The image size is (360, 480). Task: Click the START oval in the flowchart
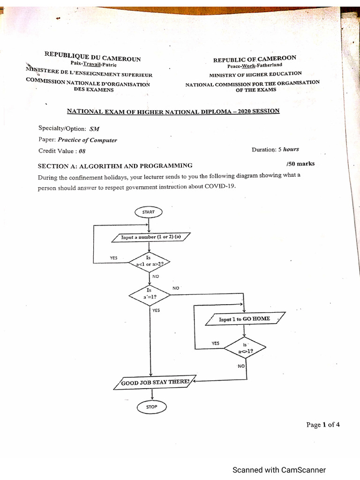coord(148,212)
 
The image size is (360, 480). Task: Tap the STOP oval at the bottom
coord(151,407)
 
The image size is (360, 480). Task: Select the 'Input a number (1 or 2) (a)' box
coord(151,237)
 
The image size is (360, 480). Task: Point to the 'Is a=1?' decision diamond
coord(149,294)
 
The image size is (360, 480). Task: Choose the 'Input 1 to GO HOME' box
coord(245,319)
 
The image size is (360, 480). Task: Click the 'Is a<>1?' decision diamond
coord(245,348)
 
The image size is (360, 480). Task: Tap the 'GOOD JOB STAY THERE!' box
coord(155,382)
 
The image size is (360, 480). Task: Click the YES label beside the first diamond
coord(114,258)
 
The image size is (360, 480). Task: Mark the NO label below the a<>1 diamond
coord(241,366)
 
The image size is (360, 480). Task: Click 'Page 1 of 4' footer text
coord(323,425)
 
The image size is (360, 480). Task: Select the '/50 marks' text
coord(300,164)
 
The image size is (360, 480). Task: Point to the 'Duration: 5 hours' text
coord(275,150)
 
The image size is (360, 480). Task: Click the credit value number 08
coord(82,151)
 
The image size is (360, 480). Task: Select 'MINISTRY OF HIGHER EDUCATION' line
coord(255,74)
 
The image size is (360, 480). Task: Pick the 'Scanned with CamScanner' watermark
coord(279,470)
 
